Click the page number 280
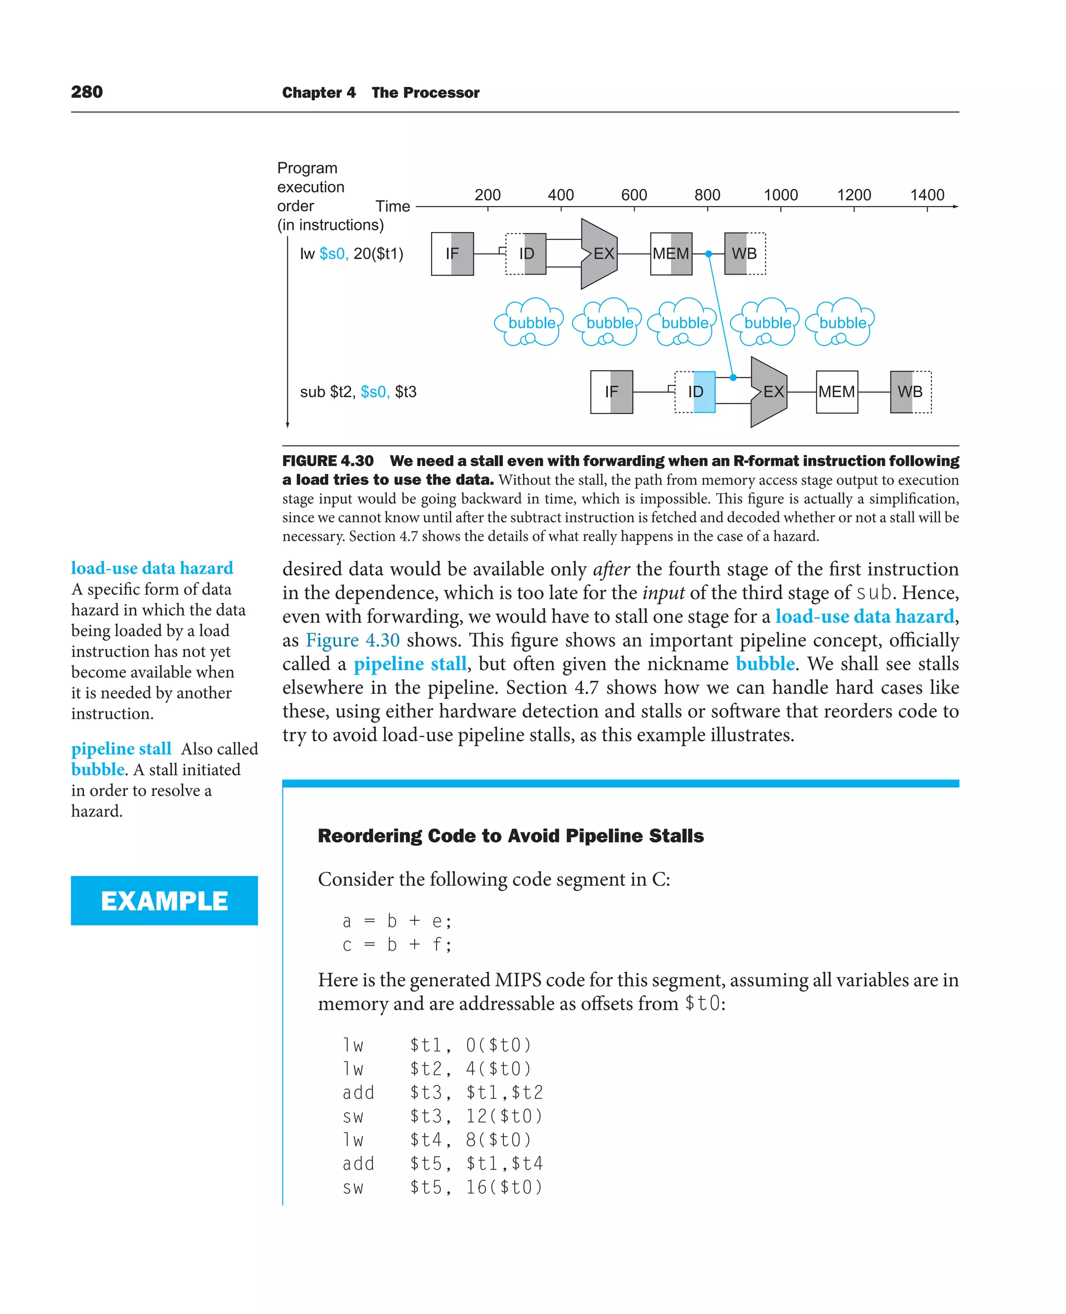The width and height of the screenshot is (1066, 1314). [x=86, y=92]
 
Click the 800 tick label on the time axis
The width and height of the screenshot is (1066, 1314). [x=707, y=195]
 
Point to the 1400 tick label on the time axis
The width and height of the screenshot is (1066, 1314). [x=927, y=195]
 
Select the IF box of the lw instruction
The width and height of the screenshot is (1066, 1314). [x=452, y=253]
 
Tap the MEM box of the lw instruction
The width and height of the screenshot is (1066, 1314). [x=670, y=253]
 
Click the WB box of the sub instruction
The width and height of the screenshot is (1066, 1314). [x=910, y=392]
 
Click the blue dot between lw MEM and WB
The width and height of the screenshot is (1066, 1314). [x=708, y=253]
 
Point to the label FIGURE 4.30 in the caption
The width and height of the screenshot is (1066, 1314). [x=327, y=461]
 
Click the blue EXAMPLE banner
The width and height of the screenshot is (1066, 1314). [x=164, y=900]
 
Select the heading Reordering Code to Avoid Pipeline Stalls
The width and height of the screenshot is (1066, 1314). [x=510, y=835]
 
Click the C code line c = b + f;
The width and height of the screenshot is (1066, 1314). [x=397, y=945]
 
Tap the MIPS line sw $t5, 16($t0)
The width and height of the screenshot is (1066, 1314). [x=442, y=1187]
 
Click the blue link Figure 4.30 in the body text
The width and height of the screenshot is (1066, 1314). [x=352, y=640]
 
